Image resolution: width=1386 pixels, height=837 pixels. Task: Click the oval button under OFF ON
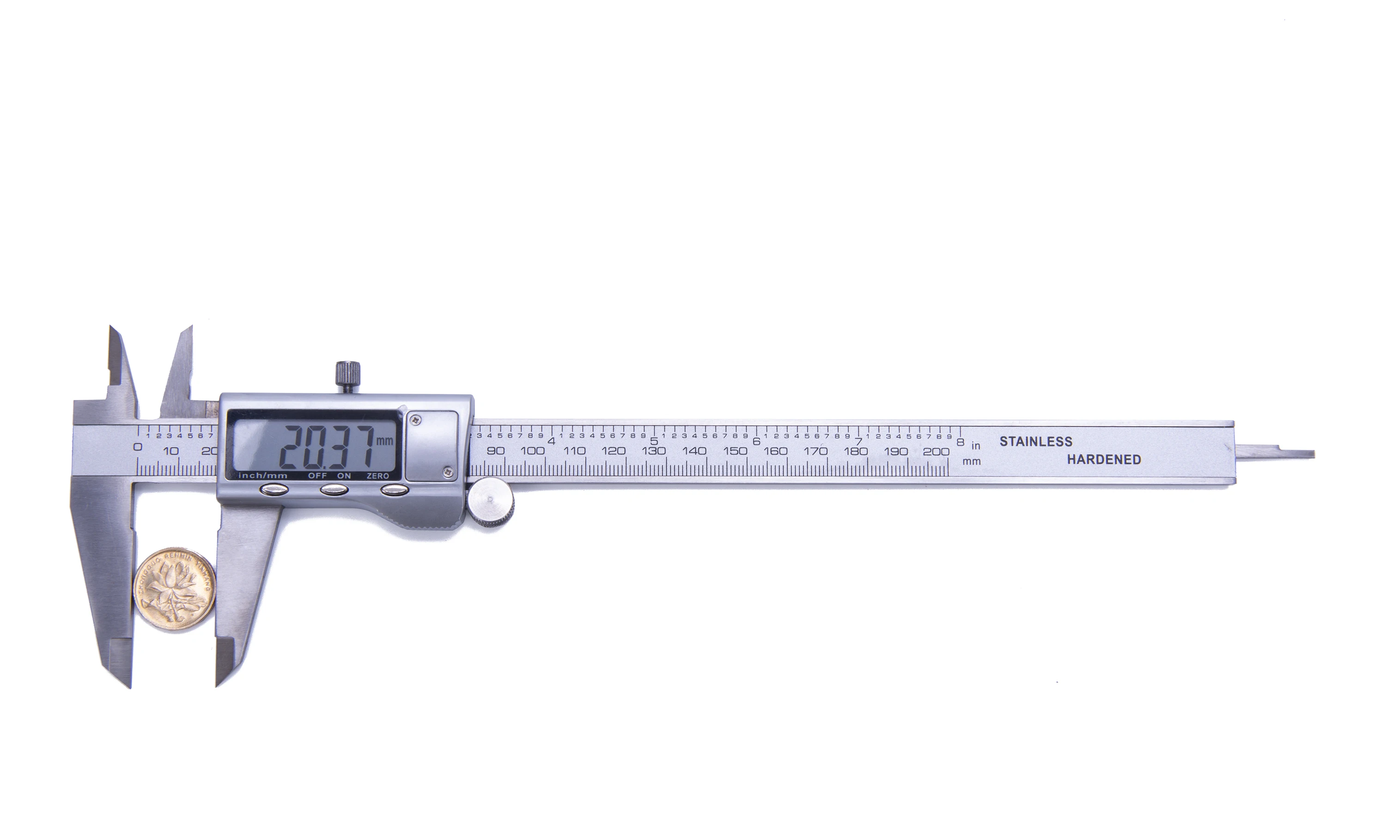pos(334,490)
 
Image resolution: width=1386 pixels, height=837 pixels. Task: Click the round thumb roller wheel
pos(491,501)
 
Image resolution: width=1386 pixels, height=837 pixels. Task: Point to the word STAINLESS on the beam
pos(1035,442)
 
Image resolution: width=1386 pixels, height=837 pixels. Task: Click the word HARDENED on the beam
pos(1104,460)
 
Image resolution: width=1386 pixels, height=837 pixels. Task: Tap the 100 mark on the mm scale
pos(532,451)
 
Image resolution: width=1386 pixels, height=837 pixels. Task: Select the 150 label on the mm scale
pos(735,451)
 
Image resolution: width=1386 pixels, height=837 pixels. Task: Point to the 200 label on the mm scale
pos(936,452)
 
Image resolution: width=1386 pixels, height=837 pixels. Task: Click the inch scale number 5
pos(654,441)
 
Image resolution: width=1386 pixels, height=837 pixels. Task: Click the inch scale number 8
pos(960,442)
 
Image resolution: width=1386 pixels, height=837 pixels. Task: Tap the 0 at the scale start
pos(137,447)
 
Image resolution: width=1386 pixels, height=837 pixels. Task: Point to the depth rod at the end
pos(1276,453)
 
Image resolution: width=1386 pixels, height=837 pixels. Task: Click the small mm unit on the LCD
pos(385,441)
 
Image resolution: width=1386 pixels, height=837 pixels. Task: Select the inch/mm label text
pos(263,476)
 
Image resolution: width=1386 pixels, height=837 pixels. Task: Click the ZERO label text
pos(377,476)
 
